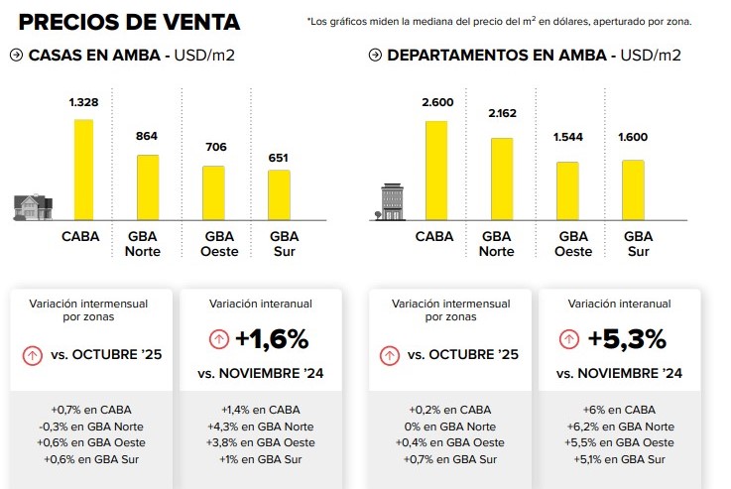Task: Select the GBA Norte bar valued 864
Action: [148, 187]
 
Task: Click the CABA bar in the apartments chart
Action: [435, 170]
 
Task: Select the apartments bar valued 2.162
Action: [502, 179]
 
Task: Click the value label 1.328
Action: [83, 102]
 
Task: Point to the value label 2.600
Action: [436, 102]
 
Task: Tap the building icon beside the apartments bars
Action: [393, 202]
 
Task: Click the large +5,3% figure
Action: [629, 339]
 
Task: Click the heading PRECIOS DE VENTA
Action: [129, 21]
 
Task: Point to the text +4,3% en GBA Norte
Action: [260, 427]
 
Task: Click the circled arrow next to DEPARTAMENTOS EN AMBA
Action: [375, 56]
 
